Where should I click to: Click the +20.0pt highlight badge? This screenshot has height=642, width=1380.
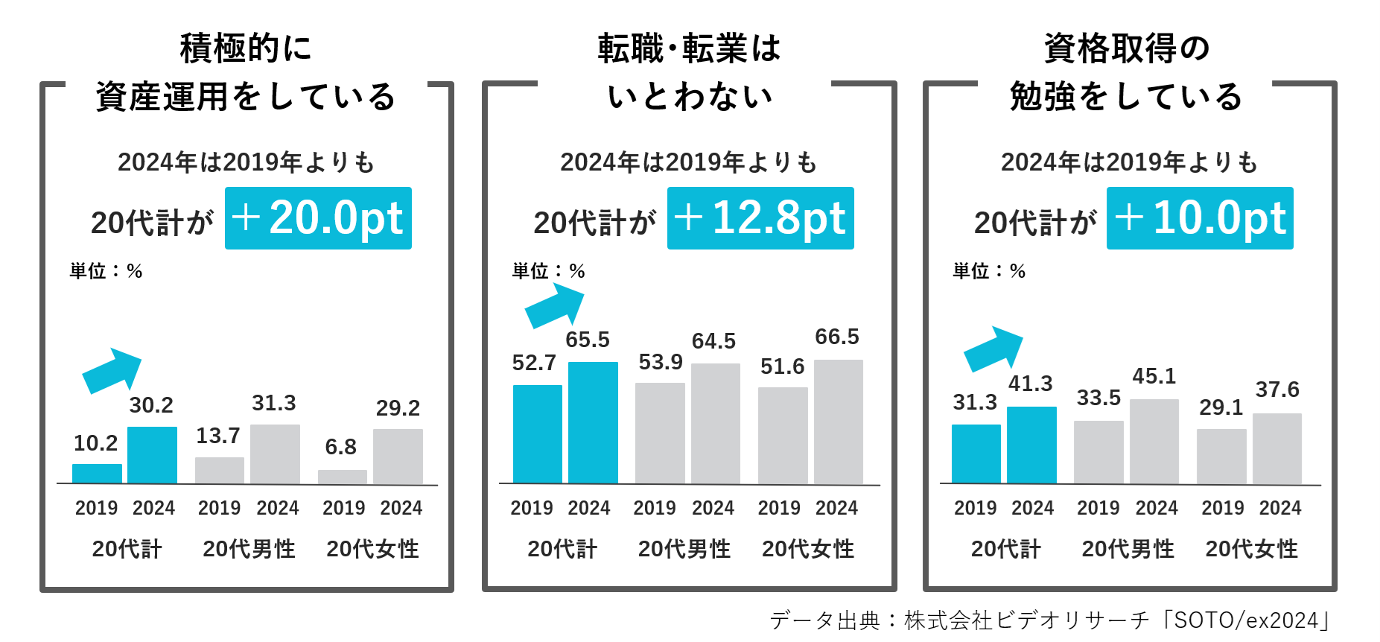[x=318, y=218]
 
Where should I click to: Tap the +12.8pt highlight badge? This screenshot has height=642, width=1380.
[x=760, y=218]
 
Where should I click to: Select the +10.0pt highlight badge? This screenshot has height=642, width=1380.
[x=1200, y=218]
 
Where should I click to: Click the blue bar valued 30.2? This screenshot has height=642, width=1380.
[x=152, y=455]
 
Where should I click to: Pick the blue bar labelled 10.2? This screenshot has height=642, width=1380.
[x=97, y=474]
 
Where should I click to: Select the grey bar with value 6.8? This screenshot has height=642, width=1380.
[x=343, y=477]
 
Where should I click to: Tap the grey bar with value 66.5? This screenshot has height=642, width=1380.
[x=838, y=422]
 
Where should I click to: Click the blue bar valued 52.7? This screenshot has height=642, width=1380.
[x=537, y=434]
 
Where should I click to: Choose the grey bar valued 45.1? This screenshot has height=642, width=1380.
[x=1154, y=442]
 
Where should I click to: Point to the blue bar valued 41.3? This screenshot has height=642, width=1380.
[x=1031, y=445]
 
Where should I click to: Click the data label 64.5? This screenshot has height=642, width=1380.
[x=713, y=341]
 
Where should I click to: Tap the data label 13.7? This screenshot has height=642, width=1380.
[x=218, y=436]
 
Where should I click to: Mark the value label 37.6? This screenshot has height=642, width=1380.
[x=1276, y=390]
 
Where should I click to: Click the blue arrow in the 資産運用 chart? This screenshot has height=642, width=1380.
[x=112, y=370]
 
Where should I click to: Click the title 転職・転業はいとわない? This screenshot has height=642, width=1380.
[x=689, y=72]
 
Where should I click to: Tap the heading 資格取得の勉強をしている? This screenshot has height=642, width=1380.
[x=1126, y=72]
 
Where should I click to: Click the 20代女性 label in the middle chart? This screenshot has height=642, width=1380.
[x=808, y=549]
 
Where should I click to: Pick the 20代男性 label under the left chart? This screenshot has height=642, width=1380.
[x=249, y=549]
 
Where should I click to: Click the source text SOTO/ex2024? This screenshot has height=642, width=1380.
[x=1245, y=620]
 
